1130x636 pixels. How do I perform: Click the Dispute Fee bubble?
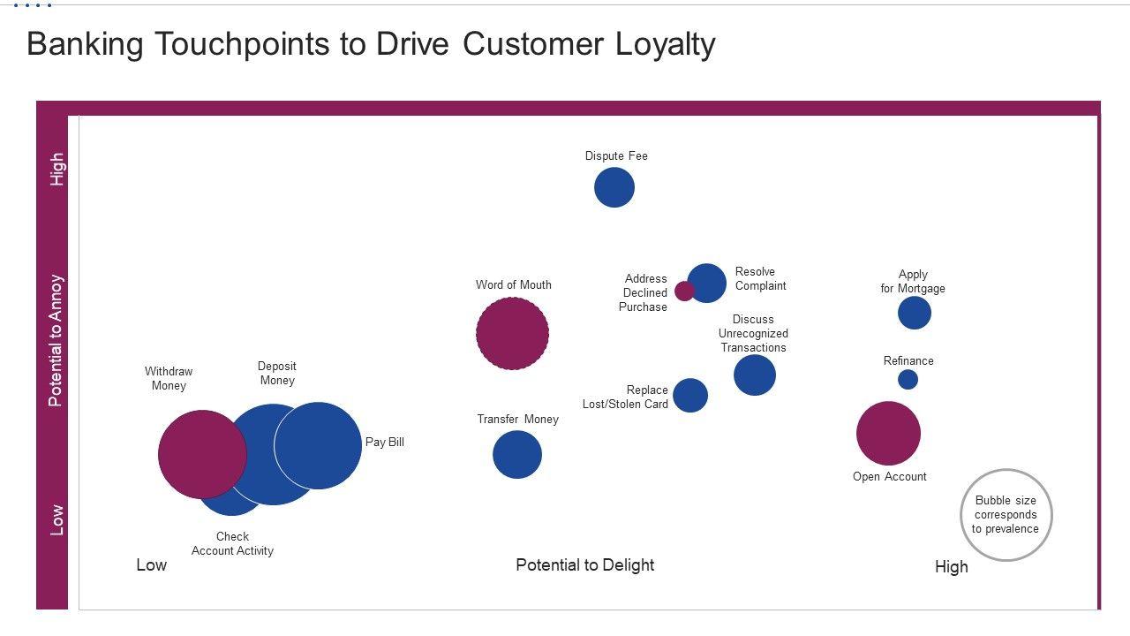(x=614, y=187)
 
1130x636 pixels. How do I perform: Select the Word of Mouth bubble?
(x=512, y=333)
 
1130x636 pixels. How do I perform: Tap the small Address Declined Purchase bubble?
(x=683, y=291)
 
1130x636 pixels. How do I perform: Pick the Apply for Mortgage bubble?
(x=915, y=313)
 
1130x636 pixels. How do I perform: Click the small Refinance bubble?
(x=908, y=379)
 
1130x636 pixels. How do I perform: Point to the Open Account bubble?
(x=888, y=433)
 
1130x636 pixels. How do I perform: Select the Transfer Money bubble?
(x=516, y=455)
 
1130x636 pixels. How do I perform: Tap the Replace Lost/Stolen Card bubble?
(x=690, y=395)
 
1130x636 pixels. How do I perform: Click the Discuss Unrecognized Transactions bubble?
(x=755, y=375)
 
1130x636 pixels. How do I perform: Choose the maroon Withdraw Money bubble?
(x=201, y=454)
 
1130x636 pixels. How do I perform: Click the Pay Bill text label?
(x=385, y=442)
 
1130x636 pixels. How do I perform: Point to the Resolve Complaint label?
(x=760, y=278)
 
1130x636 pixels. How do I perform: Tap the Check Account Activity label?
(x=232, y=543)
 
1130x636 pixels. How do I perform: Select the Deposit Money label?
(x=277, y=373)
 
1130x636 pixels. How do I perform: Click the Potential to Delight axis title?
(x=584, y=564)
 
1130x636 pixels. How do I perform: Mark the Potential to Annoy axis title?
(x=56, y=340)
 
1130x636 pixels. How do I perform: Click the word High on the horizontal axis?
(x=951, y=567)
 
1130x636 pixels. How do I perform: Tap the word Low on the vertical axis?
(x=56, y=519)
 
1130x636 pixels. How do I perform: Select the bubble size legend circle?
(x=1006, y=515)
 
